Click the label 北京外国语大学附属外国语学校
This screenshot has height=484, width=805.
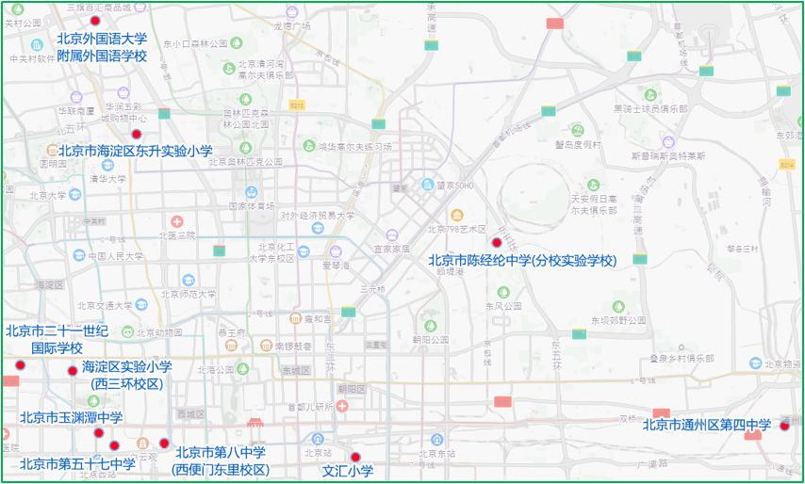(x=102, y=47)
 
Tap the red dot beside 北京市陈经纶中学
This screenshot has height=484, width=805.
(x=497, y=242)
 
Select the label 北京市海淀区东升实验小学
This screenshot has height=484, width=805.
(x=136, y=151)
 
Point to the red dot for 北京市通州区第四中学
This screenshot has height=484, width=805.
(x=783, y=426)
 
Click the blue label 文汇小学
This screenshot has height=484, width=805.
(x=348, y=471)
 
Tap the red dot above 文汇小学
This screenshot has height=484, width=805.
(x=355, y=458)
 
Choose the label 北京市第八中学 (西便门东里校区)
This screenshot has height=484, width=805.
(x=221, y=460)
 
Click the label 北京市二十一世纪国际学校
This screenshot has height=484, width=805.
(x=57, y=339)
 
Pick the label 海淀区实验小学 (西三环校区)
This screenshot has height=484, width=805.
(x=127, y=375)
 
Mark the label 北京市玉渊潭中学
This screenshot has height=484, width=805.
(x=71, y=417)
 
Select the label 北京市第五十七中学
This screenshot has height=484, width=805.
(x=77, y=463)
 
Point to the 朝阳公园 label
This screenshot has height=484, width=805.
(x=430, y=338)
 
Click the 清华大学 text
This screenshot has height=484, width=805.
(x=107, y=179)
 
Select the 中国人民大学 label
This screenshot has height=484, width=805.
(x=116, y=255)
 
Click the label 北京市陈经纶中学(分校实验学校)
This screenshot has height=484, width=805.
(x=522, y=260)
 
